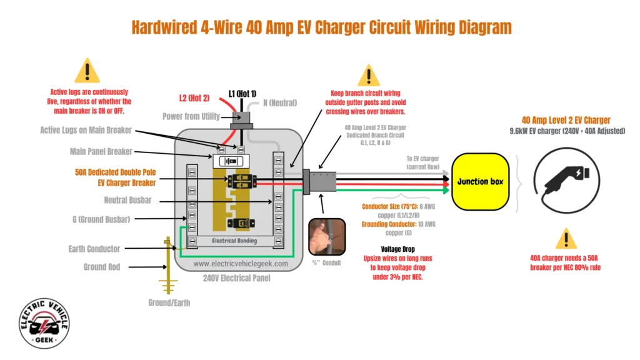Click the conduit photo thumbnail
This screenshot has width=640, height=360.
tap(326, 237)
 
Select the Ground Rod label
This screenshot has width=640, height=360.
tap(102, 267)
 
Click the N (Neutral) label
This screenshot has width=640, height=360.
tap(275, 102)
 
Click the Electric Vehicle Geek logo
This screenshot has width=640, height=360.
tap(44, 323)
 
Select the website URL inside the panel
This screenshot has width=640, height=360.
tap(241, 264)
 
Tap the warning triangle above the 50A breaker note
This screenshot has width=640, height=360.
tap(566, 239)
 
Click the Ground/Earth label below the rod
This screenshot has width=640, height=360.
tap(169, 303)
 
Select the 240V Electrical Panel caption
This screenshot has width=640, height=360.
tap(240, 278)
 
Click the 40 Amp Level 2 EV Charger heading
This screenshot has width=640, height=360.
tap(566, 120)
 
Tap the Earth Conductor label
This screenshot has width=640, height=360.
tap(94, 249)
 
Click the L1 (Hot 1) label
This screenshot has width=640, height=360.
tap(242, 93)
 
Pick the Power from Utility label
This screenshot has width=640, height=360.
tap(191, 116)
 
